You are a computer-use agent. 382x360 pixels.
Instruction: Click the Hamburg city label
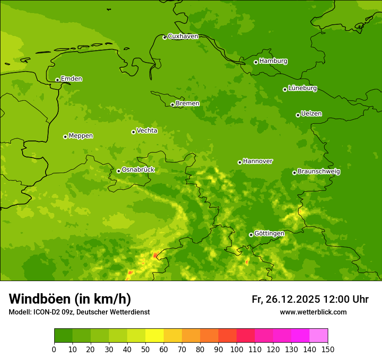(x=273, y=61)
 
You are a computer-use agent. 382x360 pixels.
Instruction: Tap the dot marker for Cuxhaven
(x=165, y=37)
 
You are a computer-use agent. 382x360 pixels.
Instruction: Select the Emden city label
(x=71, y=79)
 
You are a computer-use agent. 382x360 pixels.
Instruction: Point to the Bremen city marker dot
(x=172, y=105)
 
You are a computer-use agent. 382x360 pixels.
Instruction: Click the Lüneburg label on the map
(x=302, y=88)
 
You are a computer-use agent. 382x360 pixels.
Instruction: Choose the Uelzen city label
(x=311, y=114)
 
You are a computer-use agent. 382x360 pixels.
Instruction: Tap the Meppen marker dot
(x=65, y=137)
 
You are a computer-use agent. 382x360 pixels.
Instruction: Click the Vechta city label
(x=147, y=131)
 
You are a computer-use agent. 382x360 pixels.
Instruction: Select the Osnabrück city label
(x=138, y=170)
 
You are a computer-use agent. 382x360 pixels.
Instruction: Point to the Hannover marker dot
(x=240, y=162)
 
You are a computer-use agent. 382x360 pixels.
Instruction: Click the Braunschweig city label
(x=319, y=172)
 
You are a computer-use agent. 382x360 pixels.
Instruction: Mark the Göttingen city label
(x=269, y=234)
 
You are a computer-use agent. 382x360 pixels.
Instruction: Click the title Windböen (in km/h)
(x=70, y=299)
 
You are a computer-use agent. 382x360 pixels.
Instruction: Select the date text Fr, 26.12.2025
(x=286, y=299)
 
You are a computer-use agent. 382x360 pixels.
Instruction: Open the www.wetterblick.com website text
(x=313, y=312)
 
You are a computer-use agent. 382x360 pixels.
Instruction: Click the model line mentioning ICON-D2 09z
(x=79, y=312)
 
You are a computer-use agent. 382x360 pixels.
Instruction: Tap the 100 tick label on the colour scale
(x=237, y=349)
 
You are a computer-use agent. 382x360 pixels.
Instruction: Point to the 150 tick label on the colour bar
(x=328, y=349)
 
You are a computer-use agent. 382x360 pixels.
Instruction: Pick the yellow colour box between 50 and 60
(x=155, y=336)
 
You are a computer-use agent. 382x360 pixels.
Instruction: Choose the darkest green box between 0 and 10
(x=63, y=336)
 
